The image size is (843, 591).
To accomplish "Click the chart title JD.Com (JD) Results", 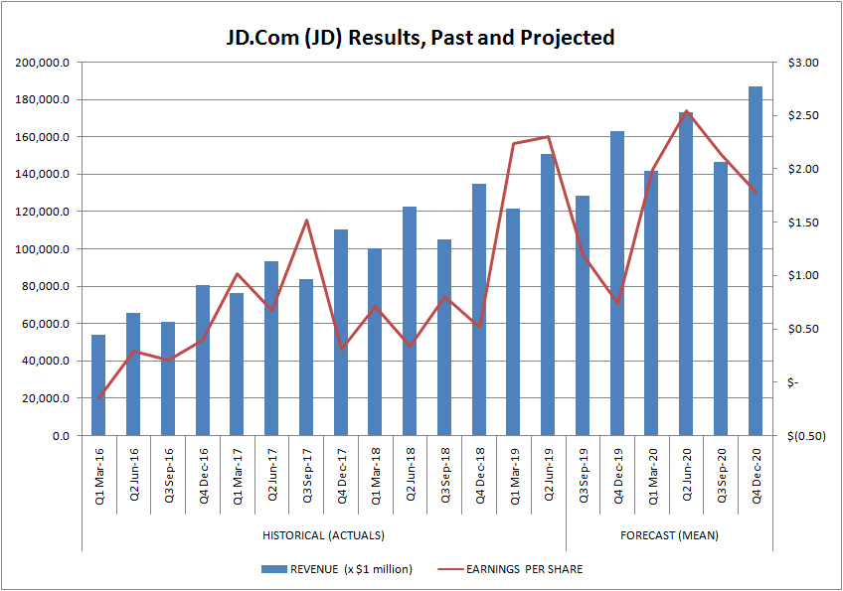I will click(x=421, y=38).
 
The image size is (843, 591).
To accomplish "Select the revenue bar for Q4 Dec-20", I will click(x=756, y=261).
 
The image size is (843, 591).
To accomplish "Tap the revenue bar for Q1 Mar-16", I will click(x=98, y=385).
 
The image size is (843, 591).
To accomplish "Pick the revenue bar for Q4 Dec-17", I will click(x=341, y=333).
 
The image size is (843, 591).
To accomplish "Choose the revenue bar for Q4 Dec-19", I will click(x=617, y=283).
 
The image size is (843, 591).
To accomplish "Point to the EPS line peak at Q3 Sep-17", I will click(x=306, y=221).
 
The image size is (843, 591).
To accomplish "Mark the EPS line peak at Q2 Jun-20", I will click(x=687, y=111).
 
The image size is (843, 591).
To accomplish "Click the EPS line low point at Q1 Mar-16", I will click(x=98, y=398).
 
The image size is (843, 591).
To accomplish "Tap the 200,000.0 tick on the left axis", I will click(x=43, y=63).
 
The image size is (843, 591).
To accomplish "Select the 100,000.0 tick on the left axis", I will click(x=43, y=249).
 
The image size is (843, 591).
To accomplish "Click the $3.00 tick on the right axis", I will click(x=801, y=63).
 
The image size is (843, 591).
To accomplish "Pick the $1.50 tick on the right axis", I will click(x=801, y=222).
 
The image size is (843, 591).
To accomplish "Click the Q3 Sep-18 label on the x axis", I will click(x=444, y=478).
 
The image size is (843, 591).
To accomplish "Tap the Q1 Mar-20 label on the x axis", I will click(x=652, y=478).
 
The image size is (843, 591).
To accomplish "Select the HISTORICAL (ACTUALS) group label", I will click(x=323, y=535).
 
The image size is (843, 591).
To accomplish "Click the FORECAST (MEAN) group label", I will click(x=669, y=535).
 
